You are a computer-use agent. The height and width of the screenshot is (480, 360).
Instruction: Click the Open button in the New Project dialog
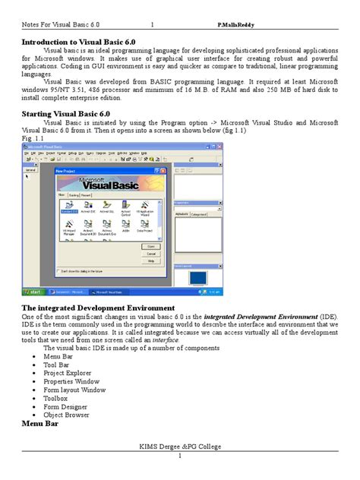pyautogui.click(x=150, y=247)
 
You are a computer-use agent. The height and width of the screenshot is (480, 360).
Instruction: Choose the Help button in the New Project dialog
pyautogui.click(x=150, y=261)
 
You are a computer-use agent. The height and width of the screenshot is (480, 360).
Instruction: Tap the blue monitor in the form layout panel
pyautogui.click(x=197, y=278)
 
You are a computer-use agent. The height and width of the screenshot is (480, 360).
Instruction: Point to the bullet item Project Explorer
pyautogui.click(x=70, y=374)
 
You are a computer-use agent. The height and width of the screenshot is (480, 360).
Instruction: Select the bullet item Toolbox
pyautogui.click(x=56, y=398)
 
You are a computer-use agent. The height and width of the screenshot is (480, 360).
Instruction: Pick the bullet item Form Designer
pyautogui.click(x=66, y=406)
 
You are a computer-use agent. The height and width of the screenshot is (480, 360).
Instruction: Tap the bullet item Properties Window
pyautogui.click(x=72, y=382)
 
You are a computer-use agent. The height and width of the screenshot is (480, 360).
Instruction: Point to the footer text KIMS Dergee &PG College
pyautogui.click(x=179, y=448)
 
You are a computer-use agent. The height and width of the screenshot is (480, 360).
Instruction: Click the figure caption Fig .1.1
pyautogui.click(x=33, y=139)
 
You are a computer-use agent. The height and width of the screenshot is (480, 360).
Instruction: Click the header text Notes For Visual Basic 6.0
pyautogui.click(x=60, y=24)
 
